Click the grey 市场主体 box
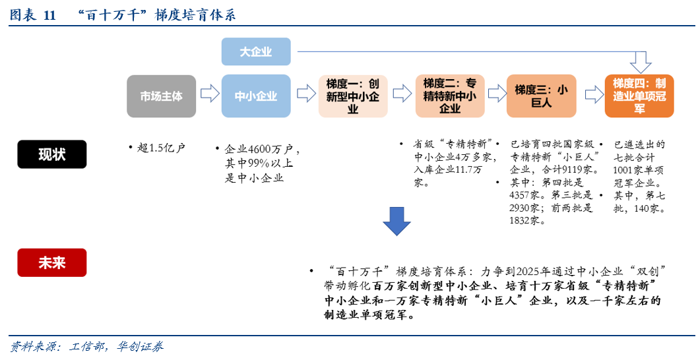pos(161,96)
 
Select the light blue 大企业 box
pos(256,51)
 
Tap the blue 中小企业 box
pos(256,96)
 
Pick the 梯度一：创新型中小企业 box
pos(353,96)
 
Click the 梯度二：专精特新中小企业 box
pos(450,96)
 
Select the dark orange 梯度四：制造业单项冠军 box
pos(639,96)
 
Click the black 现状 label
pos(52,154)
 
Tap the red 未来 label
pos(52,262)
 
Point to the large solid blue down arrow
pos(397,221)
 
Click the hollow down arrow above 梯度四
pos(640,63)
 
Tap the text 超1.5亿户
pos(161,148)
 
